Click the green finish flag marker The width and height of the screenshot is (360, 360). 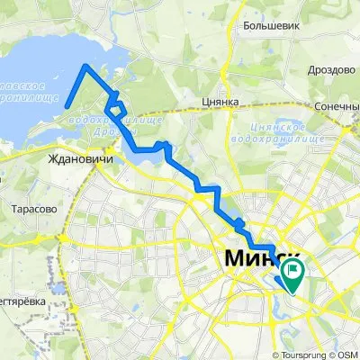292,269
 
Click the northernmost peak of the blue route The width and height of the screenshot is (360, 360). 85,66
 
